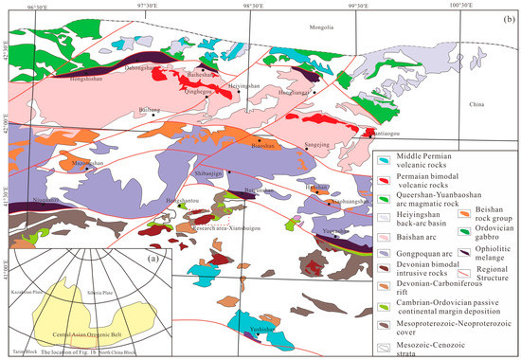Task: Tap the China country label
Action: click(x=476, y=103)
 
